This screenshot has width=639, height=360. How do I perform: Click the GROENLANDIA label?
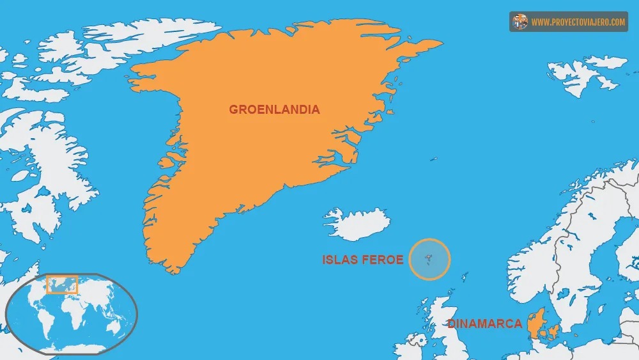tap(274, 109)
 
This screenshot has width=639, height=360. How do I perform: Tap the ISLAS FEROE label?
tap(362, 260)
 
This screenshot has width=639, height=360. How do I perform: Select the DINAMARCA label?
tap(484, 324)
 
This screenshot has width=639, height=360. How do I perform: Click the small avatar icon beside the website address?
tap(520, 22)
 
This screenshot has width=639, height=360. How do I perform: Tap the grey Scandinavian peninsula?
tap(562, 256)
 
